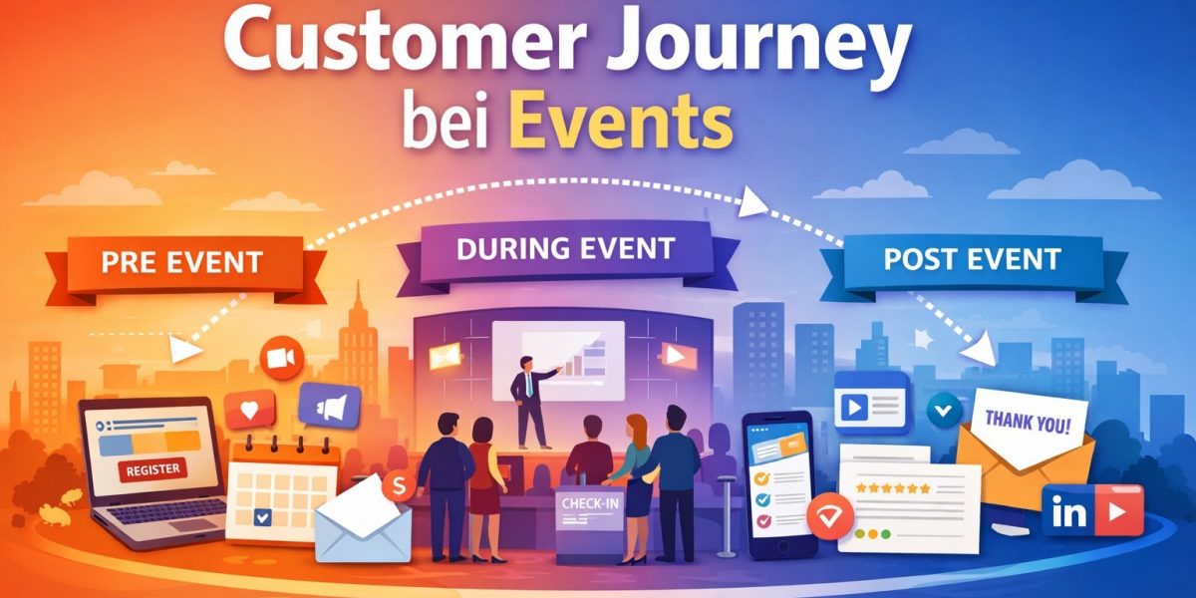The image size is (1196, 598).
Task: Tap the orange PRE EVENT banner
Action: pyautogui.click(x=181, y=264)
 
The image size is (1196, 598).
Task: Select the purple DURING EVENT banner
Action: pyautogui.click(x=565, y=248)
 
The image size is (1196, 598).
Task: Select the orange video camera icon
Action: pyautogui.click(x=278, y=358)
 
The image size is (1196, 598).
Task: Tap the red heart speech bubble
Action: pyautogui.click(x=248, y=409)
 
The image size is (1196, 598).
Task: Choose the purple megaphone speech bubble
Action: pyautogui.click(x=329, y=406)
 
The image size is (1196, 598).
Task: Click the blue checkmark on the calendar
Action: pyautogui.click(x=262, y=516)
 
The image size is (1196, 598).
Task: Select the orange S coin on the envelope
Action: pyautogui.click(x=398, y=484)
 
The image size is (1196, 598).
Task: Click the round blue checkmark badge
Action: pyautogui.click(x=942, y=408)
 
